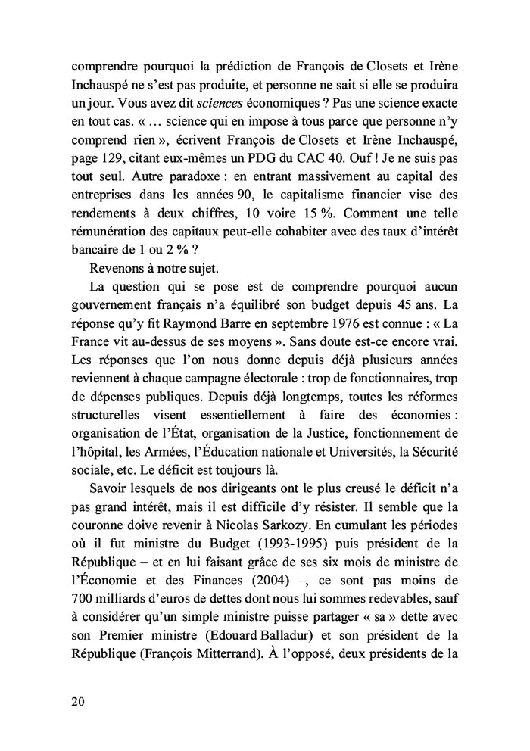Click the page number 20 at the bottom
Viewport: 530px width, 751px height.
(76, 700)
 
